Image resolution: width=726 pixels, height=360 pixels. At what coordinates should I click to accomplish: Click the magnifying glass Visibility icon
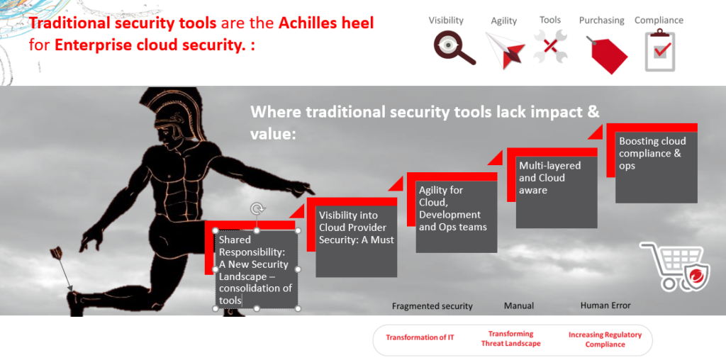coord(454,47)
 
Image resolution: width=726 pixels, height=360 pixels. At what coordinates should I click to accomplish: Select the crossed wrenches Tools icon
coord(550,46)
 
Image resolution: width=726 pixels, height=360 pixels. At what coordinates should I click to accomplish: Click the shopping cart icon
coord(676,266)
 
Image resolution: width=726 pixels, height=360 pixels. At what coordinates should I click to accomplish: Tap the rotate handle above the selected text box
coord(256,209)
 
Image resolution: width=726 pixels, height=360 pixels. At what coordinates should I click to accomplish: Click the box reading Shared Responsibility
coord(257,269)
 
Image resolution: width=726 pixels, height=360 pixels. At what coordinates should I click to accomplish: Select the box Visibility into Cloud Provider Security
coord(356,241)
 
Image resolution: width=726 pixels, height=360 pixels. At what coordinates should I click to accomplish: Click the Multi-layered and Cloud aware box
coord(557,192)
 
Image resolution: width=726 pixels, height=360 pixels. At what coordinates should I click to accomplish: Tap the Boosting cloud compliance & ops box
coord(656,168)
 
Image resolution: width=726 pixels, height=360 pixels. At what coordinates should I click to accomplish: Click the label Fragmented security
coord(432,306)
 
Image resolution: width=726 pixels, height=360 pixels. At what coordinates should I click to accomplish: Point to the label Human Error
coord(605,305)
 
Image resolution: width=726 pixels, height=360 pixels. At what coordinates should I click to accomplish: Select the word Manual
coord(518,306)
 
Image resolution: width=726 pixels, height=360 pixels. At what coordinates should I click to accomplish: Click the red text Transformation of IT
coord(420,337)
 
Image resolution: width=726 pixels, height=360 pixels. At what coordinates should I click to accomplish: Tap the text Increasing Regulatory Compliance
coord(605,339)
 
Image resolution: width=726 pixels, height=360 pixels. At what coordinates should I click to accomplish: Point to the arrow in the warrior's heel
coord(63,270)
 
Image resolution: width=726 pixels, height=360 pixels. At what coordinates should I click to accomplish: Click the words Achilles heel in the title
coord(326,23)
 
